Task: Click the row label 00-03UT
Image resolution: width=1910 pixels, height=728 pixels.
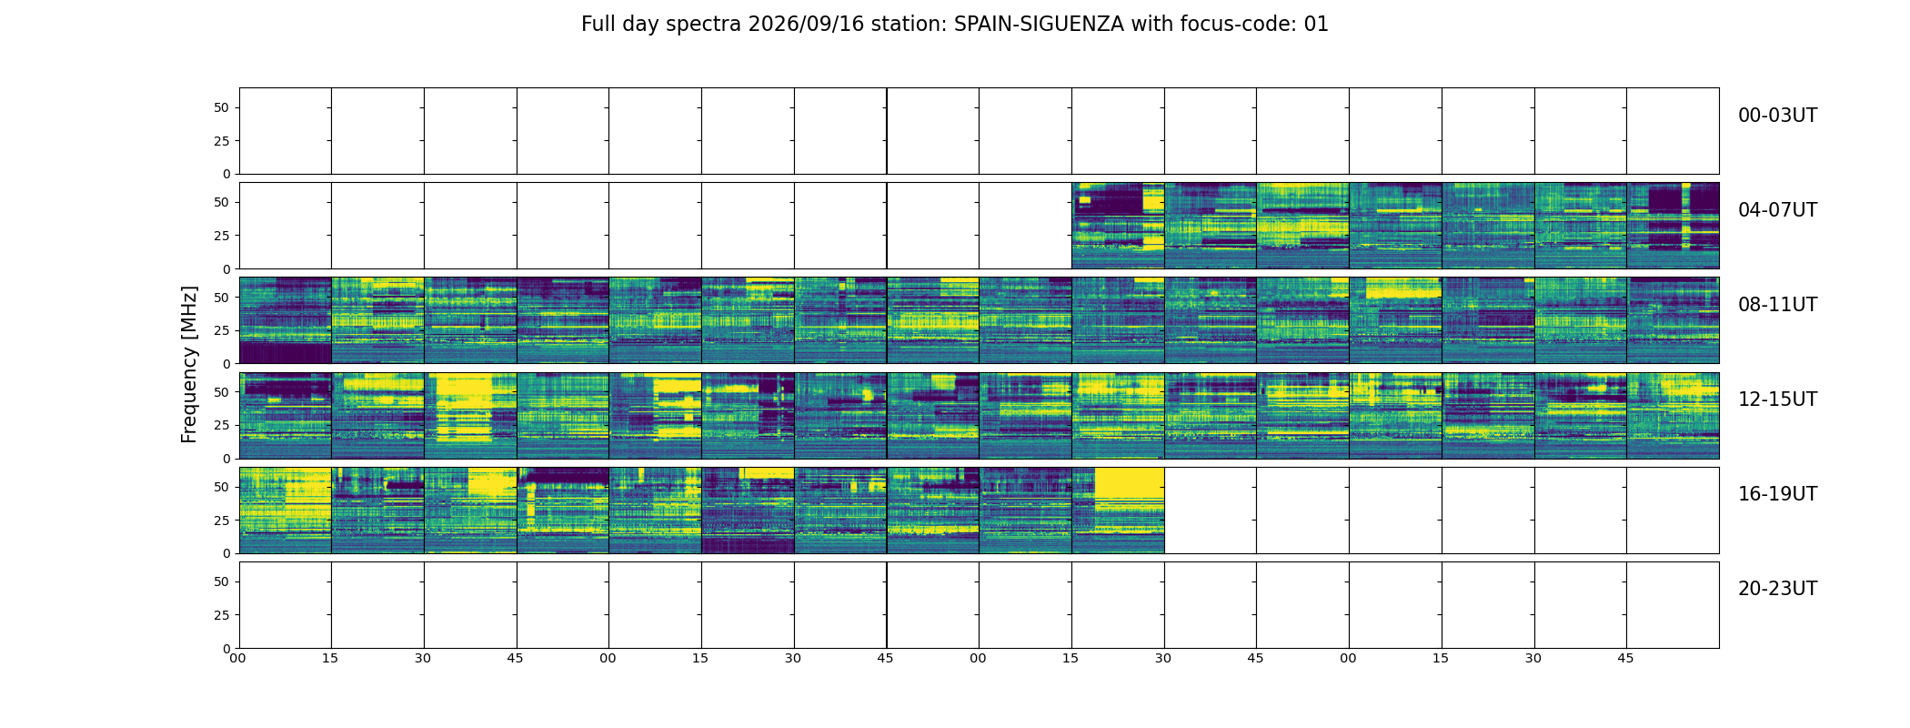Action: coord(1777,116)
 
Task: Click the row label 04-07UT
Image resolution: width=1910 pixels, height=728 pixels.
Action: coord(1777,210)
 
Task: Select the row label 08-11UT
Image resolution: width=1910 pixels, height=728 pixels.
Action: coord(1777,305)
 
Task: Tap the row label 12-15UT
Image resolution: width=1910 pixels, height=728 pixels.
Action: coord(1777,399)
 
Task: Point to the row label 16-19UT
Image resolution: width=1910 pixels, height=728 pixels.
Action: coord(1777,494)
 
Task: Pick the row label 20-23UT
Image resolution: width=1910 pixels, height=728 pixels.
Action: coord(1777,589)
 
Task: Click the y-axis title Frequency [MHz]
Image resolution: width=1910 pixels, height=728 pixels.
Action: coord(189,364)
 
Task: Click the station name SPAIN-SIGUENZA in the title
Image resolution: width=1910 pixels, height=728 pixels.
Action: coord(1039,25)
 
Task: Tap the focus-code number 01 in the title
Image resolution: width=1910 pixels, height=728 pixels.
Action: coord(1316,25)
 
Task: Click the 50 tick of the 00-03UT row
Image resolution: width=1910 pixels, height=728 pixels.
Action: coord(222,107)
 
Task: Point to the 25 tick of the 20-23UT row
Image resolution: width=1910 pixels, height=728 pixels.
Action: coord(222,615)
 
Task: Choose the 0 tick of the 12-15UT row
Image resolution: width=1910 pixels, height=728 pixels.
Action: coord(226,459)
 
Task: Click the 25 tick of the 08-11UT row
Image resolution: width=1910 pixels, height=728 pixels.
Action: coord(222,330)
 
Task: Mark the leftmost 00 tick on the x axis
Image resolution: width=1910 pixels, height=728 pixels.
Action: coord(237,658)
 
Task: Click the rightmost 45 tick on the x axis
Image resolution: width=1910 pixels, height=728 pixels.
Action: coord(1625,658)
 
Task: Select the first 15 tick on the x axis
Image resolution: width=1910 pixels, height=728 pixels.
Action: coord(330,658)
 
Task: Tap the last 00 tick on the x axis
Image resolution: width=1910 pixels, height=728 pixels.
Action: coord(1348,658)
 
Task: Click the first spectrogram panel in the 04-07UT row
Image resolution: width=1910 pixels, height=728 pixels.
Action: coord(1118,226)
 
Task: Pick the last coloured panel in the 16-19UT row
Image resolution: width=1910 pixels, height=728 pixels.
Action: coord(1118,510)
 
